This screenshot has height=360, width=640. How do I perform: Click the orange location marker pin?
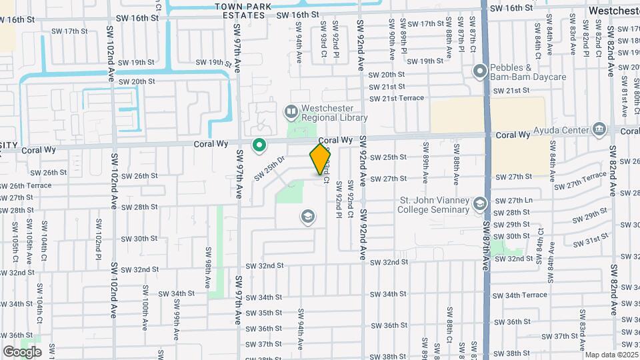(x=320, y=159)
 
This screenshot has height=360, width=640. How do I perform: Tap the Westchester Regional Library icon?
(x=291, y=111)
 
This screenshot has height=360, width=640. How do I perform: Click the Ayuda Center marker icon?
(x=598, y=129)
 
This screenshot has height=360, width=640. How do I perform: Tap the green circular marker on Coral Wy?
(x=259, y=145)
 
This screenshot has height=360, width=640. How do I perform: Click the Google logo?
(x=22, y=351)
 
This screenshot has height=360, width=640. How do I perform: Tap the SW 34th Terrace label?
(x=530, y=295)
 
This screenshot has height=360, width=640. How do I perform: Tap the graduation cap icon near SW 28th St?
(x=307, y=216)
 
